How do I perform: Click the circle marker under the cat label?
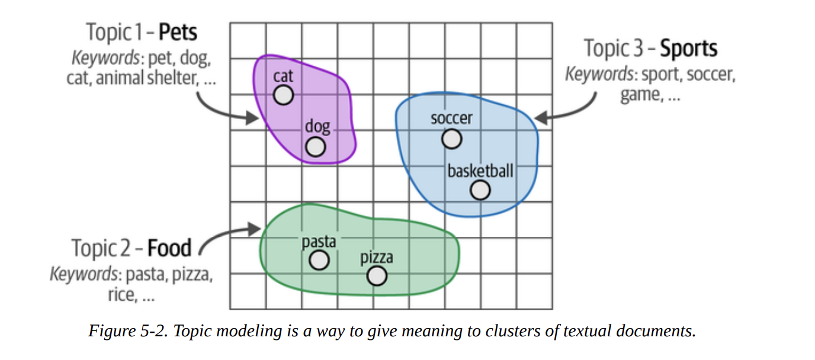[x=283, y=95]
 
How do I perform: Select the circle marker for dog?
[x=316, y=147]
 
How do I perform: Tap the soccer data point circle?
[x=452, y=139]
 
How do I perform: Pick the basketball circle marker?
[x=480, y=190]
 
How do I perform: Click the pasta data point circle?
[x=319, y=260]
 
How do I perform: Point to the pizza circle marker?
[x=377, y=275]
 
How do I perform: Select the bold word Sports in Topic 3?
[x=688, y=49]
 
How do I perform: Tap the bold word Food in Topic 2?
[x=169, y=248]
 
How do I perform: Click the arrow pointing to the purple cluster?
[x=225, y=110]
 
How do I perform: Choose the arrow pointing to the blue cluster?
[x=569, y=110]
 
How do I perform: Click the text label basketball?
[x=480, y=171]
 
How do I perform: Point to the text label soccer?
[x=452, y=118]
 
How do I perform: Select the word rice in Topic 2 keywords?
[x=121, y=294]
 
